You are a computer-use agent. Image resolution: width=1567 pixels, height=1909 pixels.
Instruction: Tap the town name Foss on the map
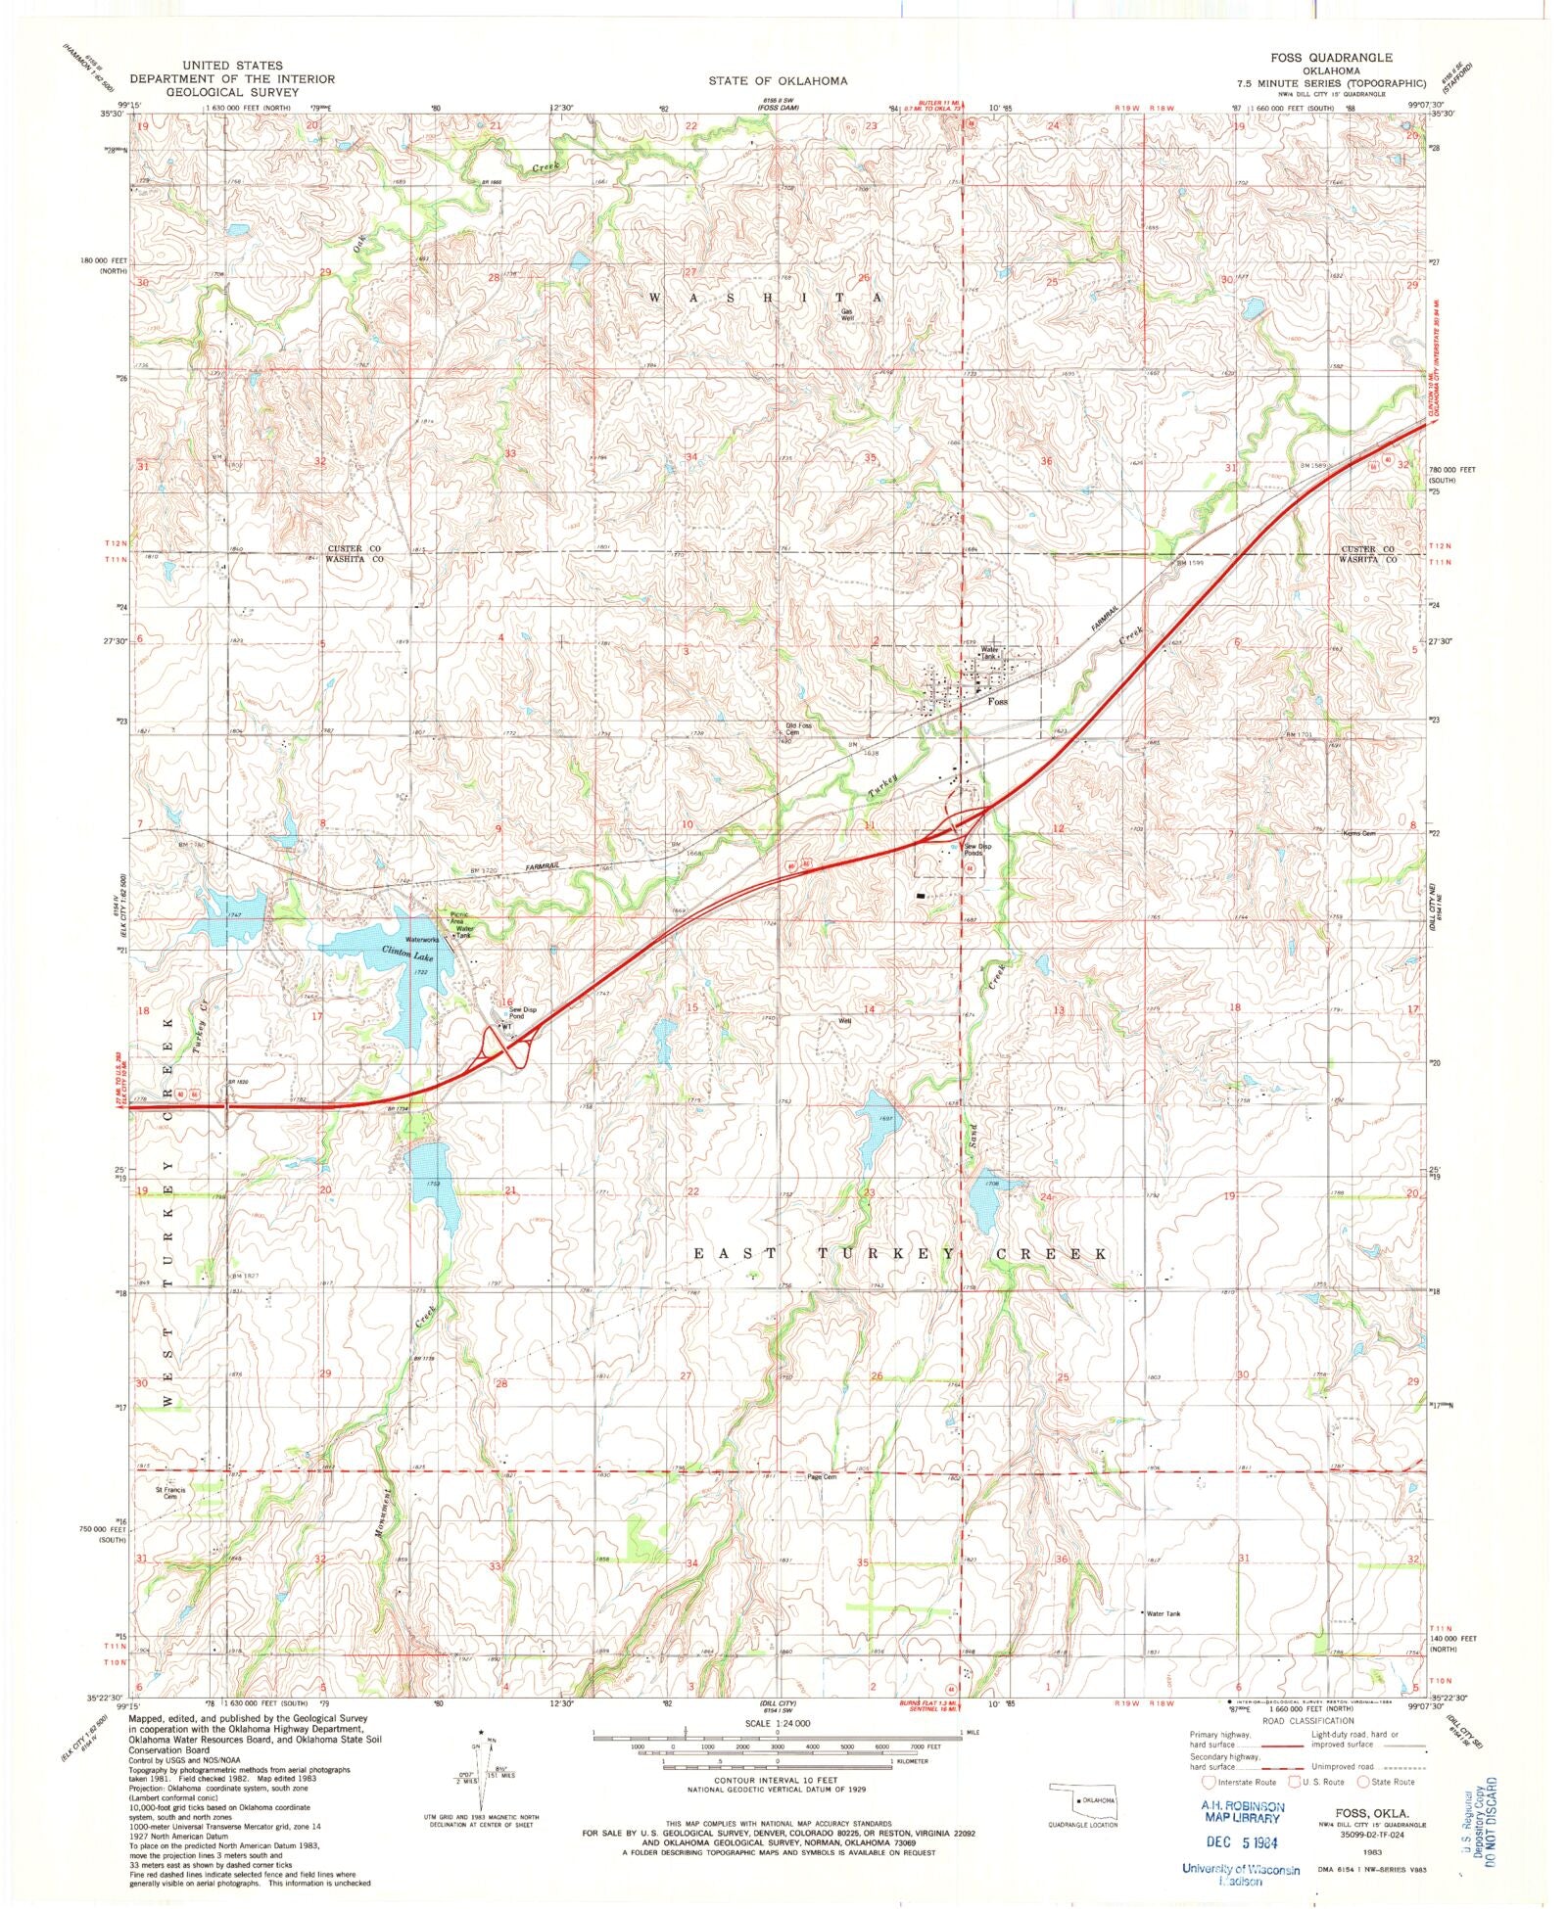click(x=997, y=702)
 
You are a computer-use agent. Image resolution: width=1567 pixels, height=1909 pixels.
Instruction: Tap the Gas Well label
click(x=847, y=315)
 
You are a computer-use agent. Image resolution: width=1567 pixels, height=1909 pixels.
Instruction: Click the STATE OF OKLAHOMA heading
click(x=779, y=80)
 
